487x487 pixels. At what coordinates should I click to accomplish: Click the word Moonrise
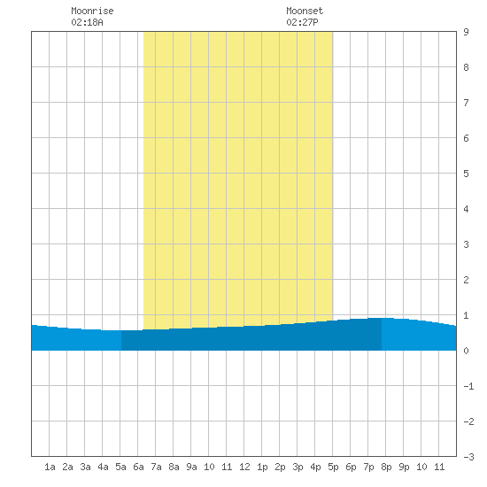(92, 11)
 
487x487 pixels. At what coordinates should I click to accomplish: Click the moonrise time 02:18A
(87, 22)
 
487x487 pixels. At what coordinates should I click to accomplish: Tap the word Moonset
(305, 11)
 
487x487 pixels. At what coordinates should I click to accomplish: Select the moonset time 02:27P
(302, 22)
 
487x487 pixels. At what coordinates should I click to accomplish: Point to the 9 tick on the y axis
(466, 32)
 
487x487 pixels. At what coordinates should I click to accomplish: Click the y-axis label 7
(466, 103)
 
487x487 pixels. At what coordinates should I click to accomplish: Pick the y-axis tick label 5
(466, 174)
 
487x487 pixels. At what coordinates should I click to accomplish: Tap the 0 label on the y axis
(466, 351)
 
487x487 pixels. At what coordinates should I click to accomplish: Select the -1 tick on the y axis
(468, 386)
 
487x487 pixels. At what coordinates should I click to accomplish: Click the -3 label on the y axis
(468, 457)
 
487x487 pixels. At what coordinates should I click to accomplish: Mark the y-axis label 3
(466, 244)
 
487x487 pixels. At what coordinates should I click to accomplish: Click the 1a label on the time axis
(50, 467)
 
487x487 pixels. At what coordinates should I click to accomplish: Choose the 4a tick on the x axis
(103, 467)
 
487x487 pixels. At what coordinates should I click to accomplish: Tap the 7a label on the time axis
(156, 467)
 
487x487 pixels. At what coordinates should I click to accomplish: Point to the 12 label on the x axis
(244, 467)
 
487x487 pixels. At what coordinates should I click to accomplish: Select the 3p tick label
(298, 467)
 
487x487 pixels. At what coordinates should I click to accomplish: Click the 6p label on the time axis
(351, 467)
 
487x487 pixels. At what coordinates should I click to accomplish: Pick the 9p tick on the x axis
(404, 467)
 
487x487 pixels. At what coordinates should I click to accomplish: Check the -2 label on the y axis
(468, 421)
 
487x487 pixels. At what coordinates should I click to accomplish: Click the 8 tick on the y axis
(466, 67)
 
